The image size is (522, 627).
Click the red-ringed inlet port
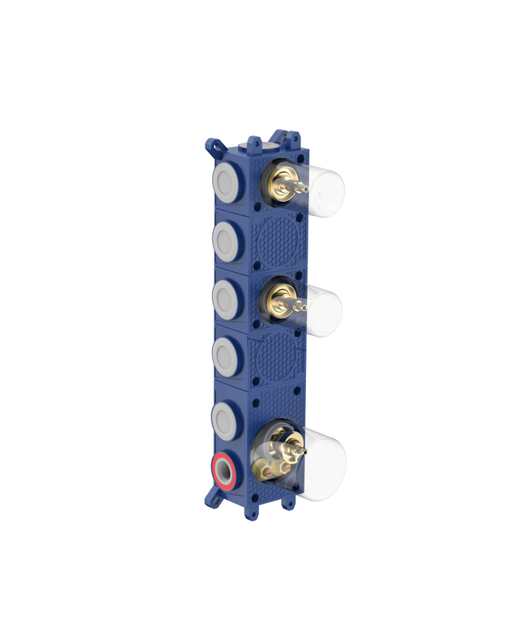(x=224, y=471)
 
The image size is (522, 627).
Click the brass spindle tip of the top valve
(x=305, y=189)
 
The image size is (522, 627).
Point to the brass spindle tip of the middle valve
(x=305, y=306)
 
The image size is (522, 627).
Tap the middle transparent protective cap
(x=324, y=309)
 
